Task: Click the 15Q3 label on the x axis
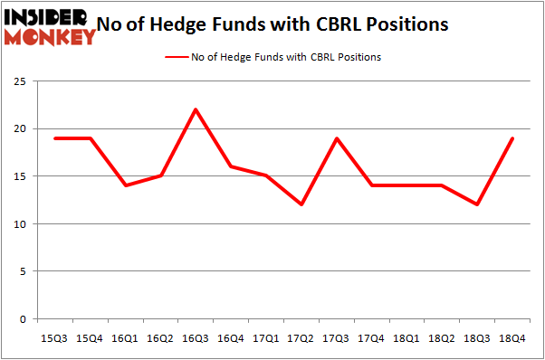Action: click(x=55, y=338)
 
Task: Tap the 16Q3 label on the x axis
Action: click(x=196, y=338)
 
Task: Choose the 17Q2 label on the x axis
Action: click(x=301, y=338)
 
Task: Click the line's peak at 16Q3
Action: click(x=196, y=109)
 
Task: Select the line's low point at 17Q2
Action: click(x=301, y=204)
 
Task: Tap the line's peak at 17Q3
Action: click(x=336, y=138)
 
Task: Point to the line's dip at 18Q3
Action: click(x=476, y=204)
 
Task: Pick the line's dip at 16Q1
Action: click(x=126, y=185)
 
